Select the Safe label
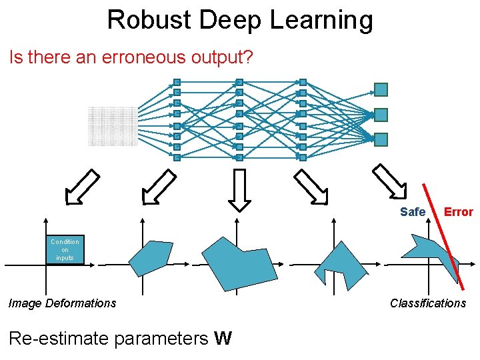(x=412, y=212)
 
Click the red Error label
(x=458, y=212)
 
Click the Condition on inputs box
(x=65, y=250)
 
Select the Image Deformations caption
(x=62, y=303)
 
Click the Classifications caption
(x=427, y=303)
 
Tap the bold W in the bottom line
(x=223, y=339)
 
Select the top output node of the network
(x=381, y=89)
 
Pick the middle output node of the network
(x=381, y=115)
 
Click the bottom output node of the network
(x=381, y=139)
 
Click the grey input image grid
(x=112, y=126)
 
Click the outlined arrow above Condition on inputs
(x=82, y=187)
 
